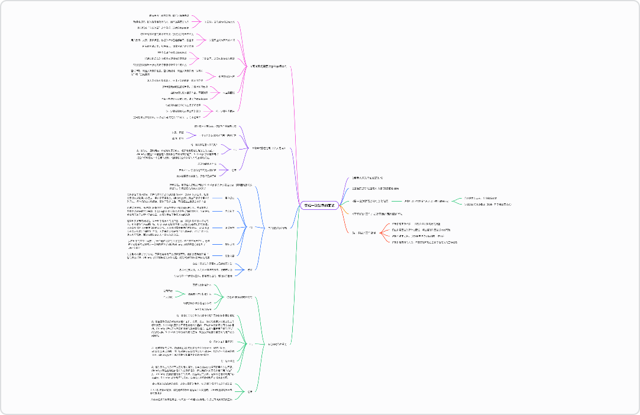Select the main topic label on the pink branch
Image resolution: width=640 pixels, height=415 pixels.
269,66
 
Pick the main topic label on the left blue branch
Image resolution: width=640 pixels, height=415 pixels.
277,228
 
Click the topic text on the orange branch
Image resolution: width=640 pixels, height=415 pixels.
377,213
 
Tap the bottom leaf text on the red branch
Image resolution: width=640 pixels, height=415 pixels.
424,242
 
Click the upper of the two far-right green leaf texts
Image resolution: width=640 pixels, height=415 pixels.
480,198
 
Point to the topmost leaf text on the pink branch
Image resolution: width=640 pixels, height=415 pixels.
169,15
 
